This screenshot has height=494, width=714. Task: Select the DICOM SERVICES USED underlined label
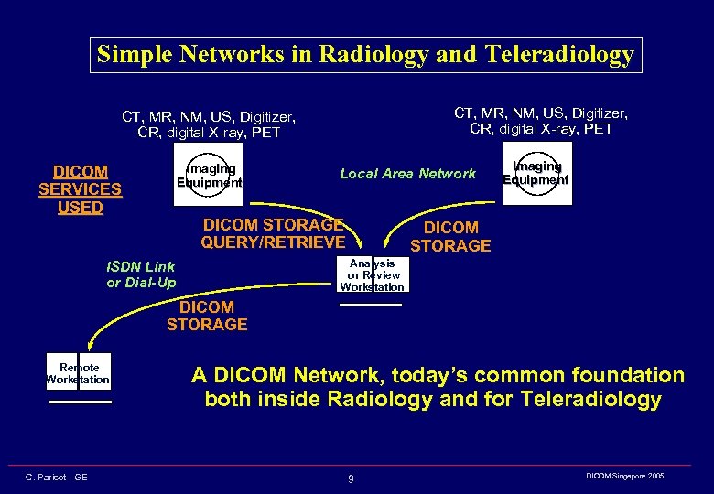tap(80, 189)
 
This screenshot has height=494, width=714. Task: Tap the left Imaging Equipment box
tap(210, 175)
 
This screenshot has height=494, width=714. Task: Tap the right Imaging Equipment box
tap(535, 173)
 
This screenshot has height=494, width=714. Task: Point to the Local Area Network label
tap(407, 173)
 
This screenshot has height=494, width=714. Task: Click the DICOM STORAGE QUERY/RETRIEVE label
tap(273, 233)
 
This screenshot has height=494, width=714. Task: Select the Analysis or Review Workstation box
tap(371, 274)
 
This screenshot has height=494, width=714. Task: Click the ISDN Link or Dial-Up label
tap(140, 274)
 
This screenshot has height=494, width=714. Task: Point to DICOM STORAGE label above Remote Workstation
tap(207, 316)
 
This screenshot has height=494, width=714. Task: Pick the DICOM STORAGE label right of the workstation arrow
tap(450, 236)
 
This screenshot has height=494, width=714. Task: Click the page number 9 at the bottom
tap(351, 478)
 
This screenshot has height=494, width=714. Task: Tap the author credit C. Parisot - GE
tap(57, 478)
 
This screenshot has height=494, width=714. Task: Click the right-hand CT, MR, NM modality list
tap(541, 121)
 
